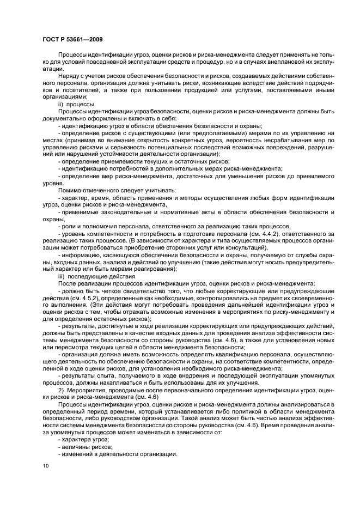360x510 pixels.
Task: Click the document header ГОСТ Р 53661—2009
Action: click(x=72, y=39)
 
